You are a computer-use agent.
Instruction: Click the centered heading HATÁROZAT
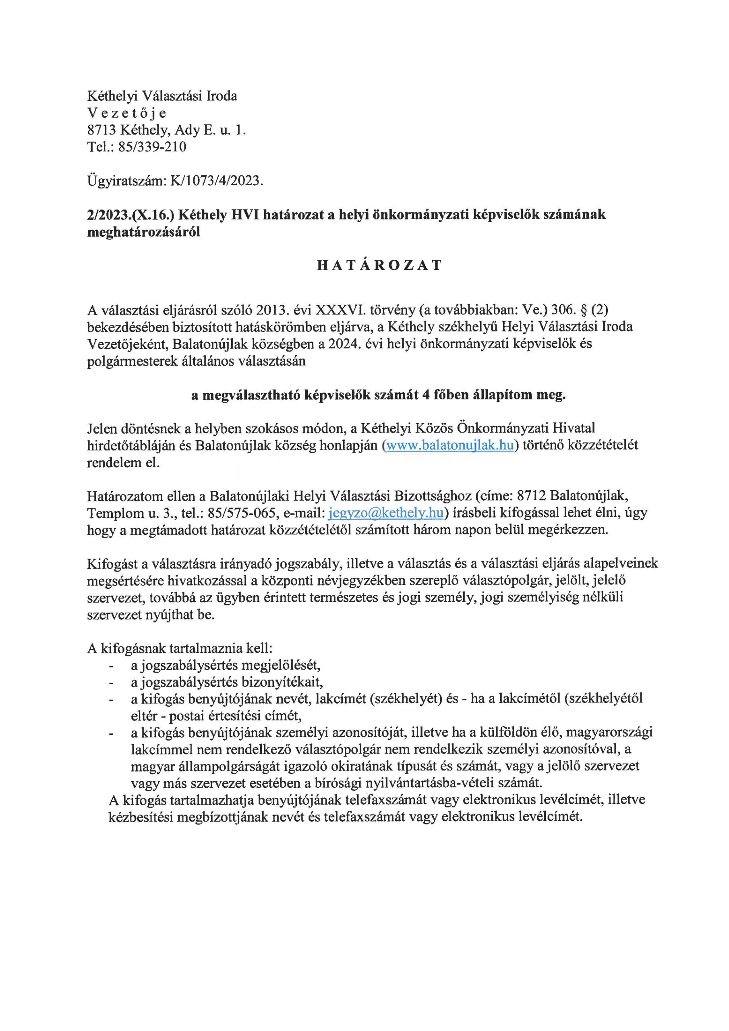point(379,265)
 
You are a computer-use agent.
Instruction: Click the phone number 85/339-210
point(152,147)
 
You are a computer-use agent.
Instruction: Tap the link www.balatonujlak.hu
point(449,445)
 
